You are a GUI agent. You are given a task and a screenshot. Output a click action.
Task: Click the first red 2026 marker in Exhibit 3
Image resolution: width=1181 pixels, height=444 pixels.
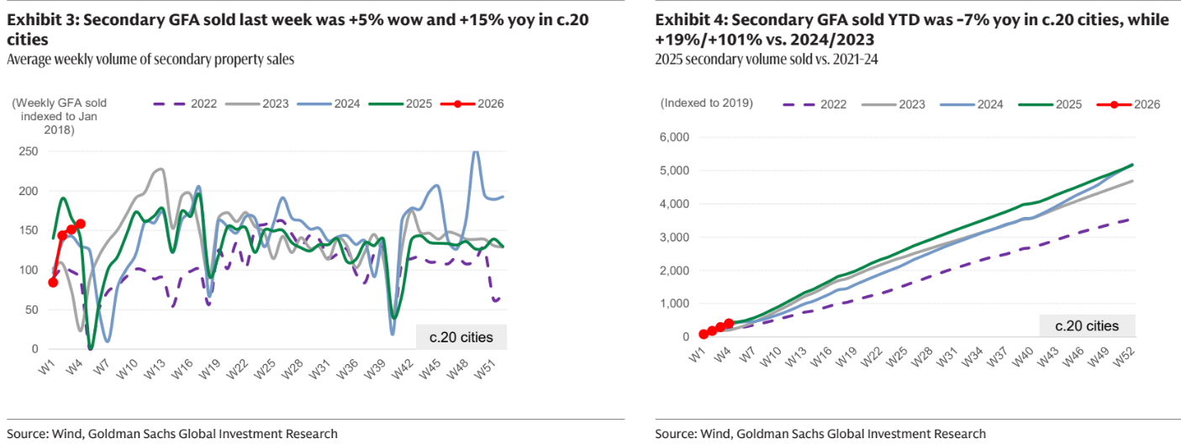pos(53,283)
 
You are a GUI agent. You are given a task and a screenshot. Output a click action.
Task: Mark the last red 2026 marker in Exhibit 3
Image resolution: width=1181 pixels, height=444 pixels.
pos(81,224)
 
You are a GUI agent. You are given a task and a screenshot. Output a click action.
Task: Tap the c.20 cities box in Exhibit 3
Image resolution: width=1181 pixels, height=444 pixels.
pos(461,337)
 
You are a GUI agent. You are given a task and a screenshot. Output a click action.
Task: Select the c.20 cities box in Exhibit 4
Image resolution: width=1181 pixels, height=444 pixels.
pos(1087,325)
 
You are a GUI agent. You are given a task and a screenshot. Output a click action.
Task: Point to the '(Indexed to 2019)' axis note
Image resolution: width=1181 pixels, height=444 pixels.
pos(707,103)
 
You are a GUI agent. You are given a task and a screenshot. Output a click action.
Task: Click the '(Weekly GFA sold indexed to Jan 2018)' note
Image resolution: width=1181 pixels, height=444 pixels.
pos(60,116)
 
